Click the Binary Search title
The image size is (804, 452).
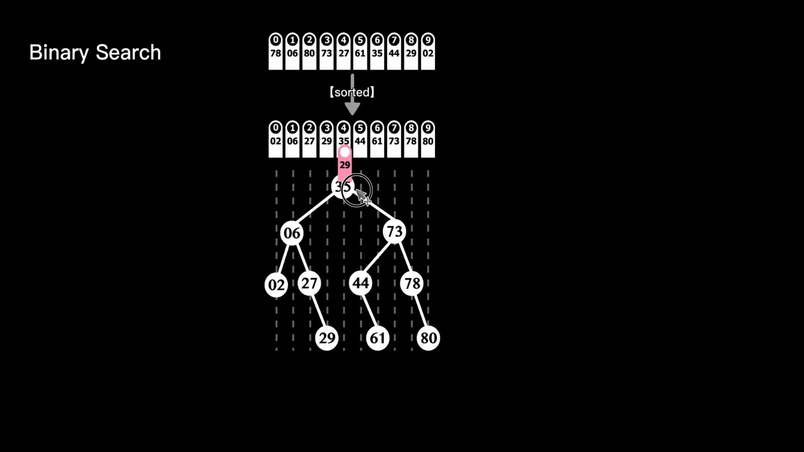click(95, 53)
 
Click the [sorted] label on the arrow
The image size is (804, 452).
click(352, 92)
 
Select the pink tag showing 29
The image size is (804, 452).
click(345, 163)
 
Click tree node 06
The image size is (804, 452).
click(292, 233)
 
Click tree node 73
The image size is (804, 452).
click(394, 231)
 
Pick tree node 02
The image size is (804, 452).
click(276, 285)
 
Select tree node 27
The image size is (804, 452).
click(309, 283)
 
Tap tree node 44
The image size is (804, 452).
click(361, 283)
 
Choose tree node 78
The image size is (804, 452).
click(412, 283)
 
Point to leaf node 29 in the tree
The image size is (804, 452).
click(327, 338)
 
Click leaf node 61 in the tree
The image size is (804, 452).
click(378, 338)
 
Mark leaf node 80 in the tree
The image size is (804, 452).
click(428, 338)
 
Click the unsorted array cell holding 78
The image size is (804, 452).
click(276, 51)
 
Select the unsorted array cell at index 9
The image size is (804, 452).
click(428, 51)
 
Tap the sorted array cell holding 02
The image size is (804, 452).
click(276, 139)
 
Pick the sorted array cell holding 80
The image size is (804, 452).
click(428, 139)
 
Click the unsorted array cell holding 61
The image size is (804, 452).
click(360, 51)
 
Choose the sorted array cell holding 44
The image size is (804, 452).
click(360, 139)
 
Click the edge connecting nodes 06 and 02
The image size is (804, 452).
click(284, 259)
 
